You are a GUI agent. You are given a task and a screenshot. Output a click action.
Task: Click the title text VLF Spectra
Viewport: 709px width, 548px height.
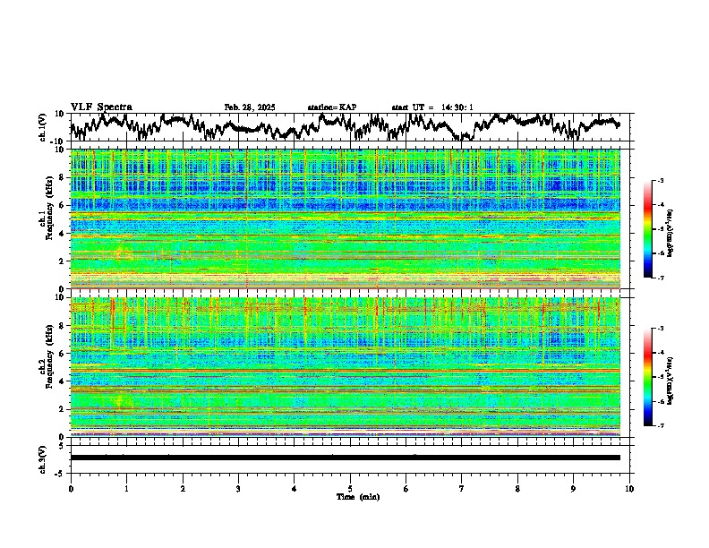tap(101, 107)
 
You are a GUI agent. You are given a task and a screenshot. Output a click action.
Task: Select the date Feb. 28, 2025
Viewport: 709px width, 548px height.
tap(250, 107)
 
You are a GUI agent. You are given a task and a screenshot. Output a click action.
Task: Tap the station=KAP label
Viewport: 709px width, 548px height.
tap(331, 107)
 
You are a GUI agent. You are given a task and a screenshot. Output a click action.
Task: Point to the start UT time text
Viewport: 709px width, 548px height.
tap(432, 107)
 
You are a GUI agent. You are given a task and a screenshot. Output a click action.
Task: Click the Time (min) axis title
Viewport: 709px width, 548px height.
tap(350, 496)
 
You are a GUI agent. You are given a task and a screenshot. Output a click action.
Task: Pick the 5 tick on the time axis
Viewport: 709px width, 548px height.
tap(350, 488)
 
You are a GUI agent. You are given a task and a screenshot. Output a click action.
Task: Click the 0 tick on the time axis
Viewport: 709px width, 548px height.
tap(71, 488)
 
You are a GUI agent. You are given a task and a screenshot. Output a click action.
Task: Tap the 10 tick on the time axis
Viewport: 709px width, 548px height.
tap(629, 488)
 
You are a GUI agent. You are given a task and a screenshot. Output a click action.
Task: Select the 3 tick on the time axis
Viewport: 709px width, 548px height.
tap(238, 488)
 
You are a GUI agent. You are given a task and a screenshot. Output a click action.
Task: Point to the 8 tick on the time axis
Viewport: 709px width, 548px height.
tap(517, 488)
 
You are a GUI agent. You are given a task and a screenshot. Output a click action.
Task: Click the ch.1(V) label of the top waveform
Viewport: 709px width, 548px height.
tap(43, 127)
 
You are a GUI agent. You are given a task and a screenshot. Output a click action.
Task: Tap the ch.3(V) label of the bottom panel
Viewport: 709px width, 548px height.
tap(43, 458)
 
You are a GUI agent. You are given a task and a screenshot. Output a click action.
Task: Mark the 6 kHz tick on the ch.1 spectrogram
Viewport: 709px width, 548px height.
tap(62, 205)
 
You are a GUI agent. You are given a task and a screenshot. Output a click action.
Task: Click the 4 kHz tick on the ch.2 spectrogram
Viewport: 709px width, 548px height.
tap(62, 381)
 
